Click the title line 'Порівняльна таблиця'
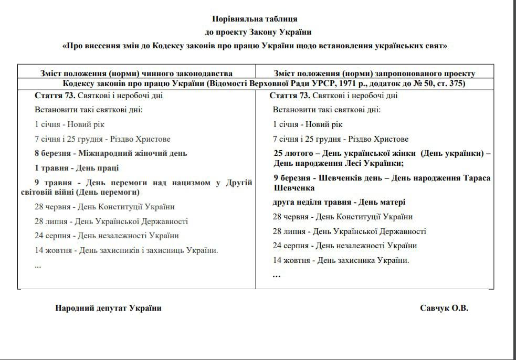coord(258,19)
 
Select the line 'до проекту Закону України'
coord(258,32)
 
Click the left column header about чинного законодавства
coord(136,73)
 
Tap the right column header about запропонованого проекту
coord(374,73)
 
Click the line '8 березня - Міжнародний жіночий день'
coord(111,153)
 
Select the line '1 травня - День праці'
coord(77,168)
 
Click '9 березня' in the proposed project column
coord(291,178)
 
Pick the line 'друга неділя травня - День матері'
coord(339,202)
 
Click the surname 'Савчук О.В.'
coord(444,308)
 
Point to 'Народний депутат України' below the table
coord(108,308)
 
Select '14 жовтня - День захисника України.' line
coord(341,260)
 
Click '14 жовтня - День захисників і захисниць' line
coord(126,250)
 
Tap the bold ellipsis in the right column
coord(277,274)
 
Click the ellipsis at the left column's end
coord(38,265)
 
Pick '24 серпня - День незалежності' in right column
coord(345,245)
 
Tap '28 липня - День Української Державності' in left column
coord(111,221)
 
